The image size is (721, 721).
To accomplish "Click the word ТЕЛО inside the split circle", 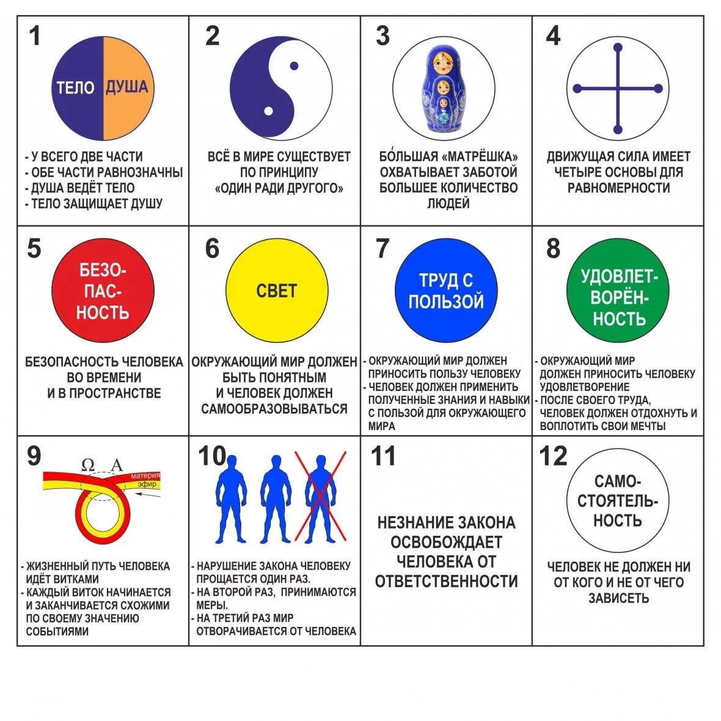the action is pyautogui.click(x=75, y=87).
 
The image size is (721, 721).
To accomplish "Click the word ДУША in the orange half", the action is pyautogui.click(x=127, y=86).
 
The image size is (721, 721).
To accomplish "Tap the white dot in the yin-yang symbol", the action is pyautogui.click(x=268, y=111).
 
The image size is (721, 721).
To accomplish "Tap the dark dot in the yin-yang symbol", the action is pyautogui.click(x=294, y=66).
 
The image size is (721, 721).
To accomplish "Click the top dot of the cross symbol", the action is pyautogui.click(x=618, y=48).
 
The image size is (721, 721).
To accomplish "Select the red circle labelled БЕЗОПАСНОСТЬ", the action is pyautogui.click(x=103, y=291).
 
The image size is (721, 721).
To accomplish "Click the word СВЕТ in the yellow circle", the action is pyautogui.click(x=276, y=291).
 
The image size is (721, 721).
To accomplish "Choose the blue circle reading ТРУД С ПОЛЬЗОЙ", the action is pyautogui.click(x=446, y=290).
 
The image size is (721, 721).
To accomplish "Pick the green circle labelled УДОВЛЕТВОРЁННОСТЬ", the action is pyautogui.click(x=618, y=290).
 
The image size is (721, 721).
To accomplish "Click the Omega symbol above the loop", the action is pyautogui.click(x=88, y=465).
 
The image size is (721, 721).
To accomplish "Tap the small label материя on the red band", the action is pyautogui.click(x=145, y=476).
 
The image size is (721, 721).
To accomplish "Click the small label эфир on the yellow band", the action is pyautogui.click(x=147, y=484).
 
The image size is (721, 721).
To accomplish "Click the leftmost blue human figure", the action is pyautogui.click(x=231, y=499).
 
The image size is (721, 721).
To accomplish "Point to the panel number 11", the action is pyautogui.click(x=383, y=456).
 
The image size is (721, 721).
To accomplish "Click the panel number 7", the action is pyautogui.click(x=382, y=248).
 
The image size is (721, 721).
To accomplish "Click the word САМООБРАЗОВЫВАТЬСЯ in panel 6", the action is pyautogui.click(x=274, y=409).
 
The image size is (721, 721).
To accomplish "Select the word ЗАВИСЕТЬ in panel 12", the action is pyautogui.click(x=618, y=598).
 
